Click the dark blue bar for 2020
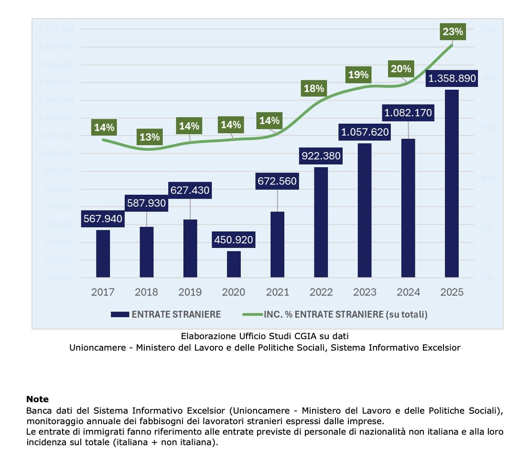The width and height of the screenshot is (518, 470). pyautogui.click(x=234, y=264)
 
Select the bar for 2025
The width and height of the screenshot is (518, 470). pyautogui.click(x=452, y=183)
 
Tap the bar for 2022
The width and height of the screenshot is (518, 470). pyautogui.click(x=321, y=222)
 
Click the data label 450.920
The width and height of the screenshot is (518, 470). pyautogui.click(x=233, y=240)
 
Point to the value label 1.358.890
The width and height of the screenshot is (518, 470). pyautogui.click(x=452, y=79)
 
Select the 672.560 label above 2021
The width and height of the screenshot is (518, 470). pyautogui.click(x=277, y=181)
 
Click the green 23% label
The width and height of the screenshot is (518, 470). pyautogui.click(x=453, y=32)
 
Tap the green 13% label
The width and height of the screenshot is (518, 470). pyautogui.click(x=150, y=137)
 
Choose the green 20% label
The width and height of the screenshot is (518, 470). pyautogui.click(x=400, y=69)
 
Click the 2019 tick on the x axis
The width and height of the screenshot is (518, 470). pyautogui.click(x=190, y=292)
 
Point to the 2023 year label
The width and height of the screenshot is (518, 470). pyautogui.click(x=365, y=292)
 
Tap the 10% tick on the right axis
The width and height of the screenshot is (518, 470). pyautogui.click(x=487, y=178)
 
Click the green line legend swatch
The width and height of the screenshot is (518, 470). pyautogui.click(x=252, y=314)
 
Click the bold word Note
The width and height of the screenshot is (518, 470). pyautogui.click(x=37, y=399)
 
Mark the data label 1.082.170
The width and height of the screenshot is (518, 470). pyautogui.click(x=409, y=113)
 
